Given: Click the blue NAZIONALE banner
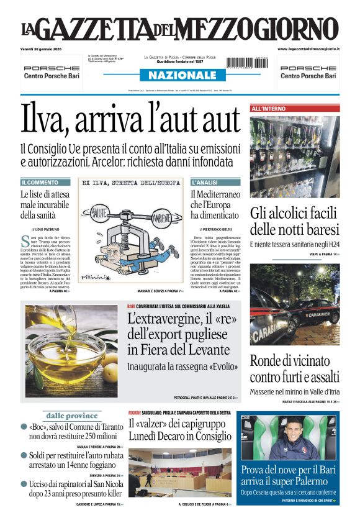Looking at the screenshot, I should pos(179,75).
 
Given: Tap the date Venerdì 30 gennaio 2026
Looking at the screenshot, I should pos(45,49).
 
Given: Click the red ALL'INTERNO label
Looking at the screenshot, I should pos(269,109).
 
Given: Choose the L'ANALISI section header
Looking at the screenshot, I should pos(204,183).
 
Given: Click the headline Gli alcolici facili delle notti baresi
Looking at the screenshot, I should pos(294,222).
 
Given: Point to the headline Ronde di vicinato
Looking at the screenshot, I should pos(294,360).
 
